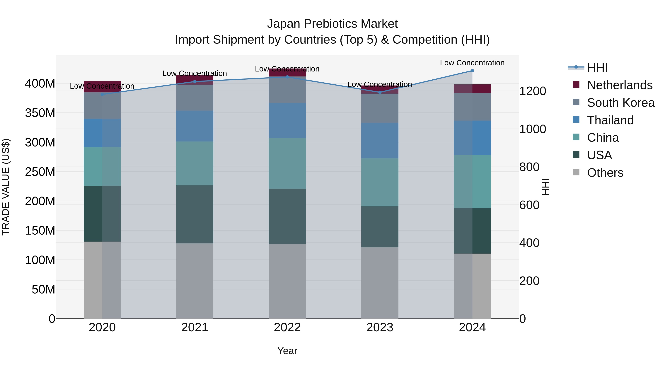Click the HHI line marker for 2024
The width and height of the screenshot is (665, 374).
pyautogui.click(x=472, y=71)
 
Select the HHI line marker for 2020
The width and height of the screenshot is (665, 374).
pyautogui.click(x=102, y=94)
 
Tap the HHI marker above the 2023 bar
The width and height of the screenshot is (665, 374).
pyautogui.click(x=380, y=92)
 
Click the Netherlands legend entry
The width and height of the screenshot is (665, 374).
pyautogui.click(x=620, y=85)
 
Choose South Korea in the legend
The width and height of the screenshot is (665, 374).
pyautogui.click(x=621, y=103)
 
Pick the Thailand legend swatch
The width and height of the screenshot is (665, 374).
pyautogui.click(x=576, y=120)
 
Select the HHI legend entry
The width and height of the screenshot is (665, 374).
pyautogui.click(x=597, y=68)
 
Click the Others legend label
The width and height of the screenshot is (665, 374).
pyautogui.click(x=605, y=173)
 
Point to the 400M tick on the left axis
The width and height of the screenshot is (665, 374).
pyautogui.click(x=40, y=84)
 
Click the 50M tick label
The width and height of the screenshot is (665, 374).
pyautogui.click(x=43, y=289)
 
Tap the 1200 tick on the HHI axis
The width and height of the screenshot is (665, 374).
pyautogui.click(x=533, y=91)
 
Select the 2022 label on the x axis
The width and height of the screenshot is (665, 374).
pyautogui.click(x=287, y=327)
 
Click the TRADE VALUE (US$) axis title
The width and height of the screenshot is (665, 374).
pyautogui.click(x=6, y=187)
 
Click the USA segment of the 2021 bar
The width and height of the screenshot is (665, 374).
pyautogui.click(x=195, y=214)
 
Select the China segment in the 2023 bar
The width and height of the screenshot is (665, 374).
pyautogui.click(x=380, y=182)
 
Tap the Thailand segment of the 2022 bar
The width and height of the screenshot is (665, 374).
pyautogui.click(x=287, y=121)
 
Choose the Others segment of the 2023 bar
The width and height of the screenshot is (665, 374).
pyautogui.click(x=380, y=283)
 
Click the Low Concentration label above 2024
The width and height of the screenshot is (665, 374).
pyautogui.click(x=472, y=63)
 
